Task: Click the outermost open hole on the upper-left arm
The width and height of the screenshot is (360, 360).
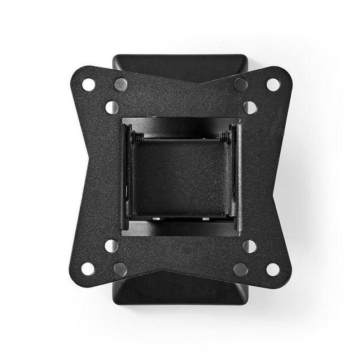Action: pos(88,84)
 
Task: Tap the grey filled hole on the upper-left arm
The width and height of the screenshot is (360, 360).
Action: pos(119,84)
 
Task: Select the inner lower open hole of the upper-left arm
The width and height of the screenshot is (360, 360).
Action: pos(111,107)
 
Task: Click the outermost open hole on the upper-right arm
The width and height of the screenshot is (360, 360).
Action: pos(272,84)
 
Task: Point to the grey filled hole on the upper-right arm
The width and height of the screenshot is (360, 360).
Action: pos(241,84)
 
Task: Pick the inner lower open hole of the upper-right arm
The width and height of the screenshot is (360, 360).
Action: pos(249,107)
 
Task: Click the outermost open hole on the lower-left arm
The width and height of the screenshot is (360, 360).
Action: pos(88,269)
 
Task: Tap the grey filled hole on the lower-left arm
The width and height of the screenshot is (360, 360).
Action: pos(119,269)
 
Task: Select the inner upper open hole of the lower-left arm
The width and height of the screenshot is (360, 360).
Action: pos(111,246)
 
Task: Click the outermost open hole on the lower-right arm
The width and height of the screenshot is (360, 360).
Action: pos(272,269)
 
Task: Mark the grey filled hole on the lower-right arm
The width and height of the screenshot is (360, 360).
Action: pos(241,269)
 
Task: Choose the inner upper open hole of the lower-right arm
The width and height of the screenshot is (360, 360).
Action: pos(249,246)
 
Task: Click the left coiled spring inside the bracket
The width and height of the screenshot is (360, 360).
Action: pos(137,136)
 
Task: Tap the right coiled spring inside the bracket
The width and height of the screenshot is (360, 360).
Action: pos(224,136)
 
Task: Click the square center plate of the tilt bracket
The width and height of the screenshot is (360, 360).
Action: pos(180,173)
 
